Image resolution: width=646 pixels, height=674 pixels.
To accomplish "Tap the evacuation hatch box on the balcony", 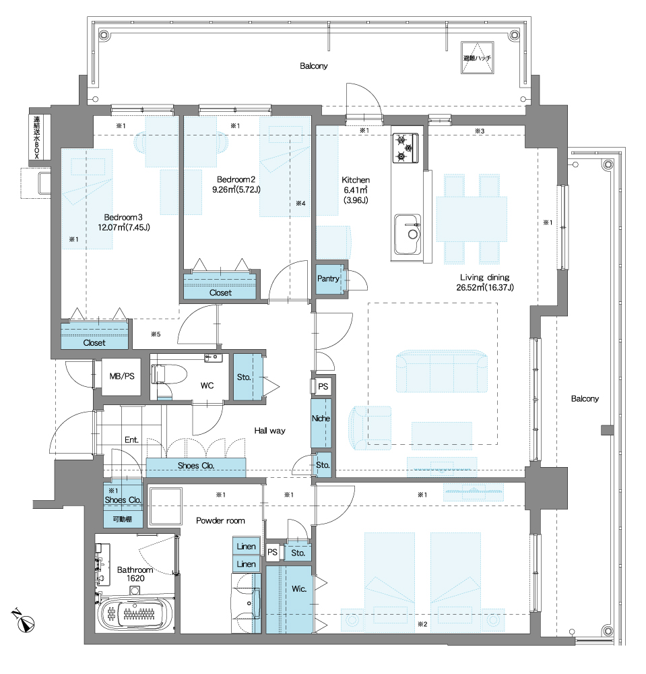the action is (x=477, y=57).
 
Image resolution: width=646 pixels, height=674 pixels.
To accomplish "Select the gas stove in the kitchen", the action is (x=405, y=148).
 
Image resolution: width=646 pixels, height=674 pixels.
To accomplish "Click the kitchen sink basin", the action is (x=408, y=235).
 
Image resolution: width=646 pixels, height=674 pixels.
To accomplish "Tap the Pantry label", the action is (x=328, y=278).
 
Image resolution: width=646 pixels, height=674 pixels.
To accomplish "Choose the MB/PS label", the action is (x=122, y=377).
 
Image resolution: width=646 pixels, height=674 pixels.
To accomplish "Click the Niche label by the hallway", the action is (x=321, y=419).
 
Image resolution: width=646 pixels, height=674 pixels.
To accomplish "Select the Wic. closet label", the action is (x=299, y=589).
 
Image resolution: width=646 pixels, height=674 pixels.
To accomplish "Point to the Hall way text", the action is (x=269, y=431).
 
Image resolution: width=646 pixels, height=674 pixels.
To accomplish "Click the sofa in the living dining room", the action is (x=441, y=371).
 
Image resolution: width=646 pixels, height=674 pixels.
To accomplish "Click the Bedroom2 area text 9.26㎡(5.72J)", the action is (x=236, y=189).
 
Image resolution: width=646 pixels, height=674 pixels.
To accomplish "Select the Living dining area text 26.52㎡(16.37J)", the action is (x=485, y=288).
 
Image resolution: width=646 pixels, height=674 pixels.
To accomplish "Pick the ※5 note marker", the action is (x=156, y=334).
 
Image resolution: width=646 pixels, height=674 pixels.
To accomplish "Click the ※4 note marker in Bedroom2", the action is (x=300, y=204).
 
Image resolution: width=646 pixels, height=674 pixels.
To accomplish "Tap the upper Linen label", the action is (x=246, y=547).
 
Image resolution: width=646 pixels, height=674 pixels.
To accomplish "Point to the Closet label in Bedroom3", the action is (x=94, y=342).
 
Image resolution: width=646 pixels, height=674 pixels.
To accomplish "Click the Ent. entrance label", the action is (x=131, y=439).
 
